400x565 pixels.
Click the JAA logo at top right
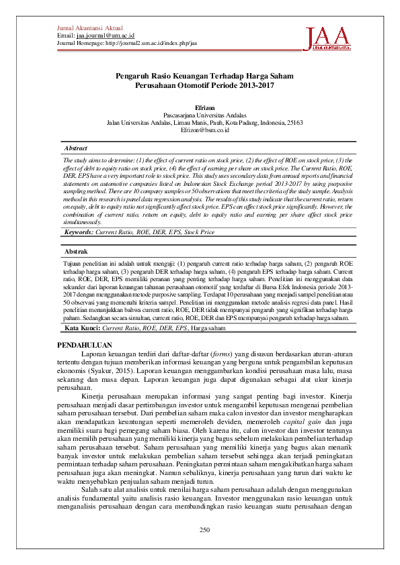328,38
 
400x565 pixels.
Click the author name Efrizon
205,107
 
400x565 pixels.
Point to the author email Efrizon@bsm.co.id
205,130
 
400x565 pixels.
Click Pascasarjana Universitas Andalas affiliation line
205,115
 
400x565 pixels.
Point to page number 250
205,531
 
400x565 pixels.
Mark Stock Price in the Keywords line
199,232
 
